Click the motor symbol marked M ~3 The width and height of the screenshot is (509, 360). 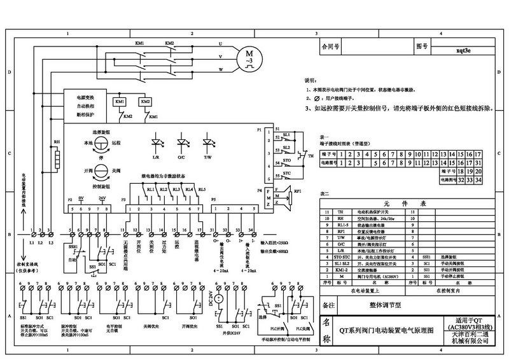coord(245,58)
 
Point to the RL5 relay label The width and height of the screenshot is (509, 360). coord(202,190)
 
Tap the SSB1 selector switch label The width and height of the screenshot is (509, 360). coord(73,246)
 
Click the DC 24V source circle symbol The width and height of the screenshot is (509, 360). coord(220,298)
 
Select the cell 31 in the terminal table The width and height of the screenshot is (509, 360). coord(471,172)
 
